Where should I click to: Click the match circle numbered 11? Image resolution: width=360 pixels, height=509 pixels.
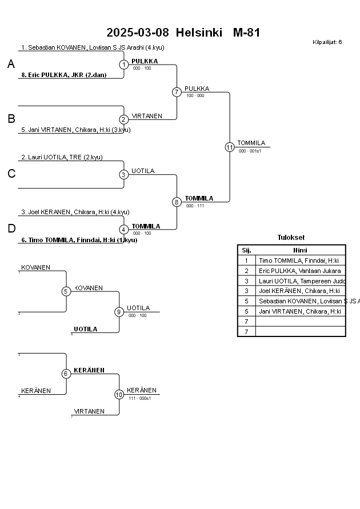pyautogui.click(x=230, y=147)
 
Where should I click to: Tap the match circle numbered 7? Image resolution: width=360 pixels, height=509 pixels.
pyautogui.click(x=177, y=92)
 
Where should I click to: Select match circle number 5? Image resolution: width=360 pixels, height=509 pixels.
pyautogui.click(x=66, y=291)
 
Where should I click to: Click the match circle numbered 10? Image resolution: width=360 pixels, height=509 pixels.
pyautogui.click(x=119, y=394)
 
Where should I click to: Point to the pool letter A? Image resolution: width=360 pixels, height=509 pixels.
pyautogui.click(x=11, y=65)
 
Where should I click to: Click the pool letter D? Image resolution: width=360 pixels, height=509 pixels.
pyautogui.click(x=11, y=229)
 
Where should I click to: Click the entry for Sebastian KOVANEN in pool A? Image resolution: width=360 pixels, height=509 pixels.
pyautogui.click(x=91, y=47)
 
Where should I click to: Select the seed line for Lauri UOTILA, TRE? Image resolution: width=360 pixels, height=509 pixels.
pyautogui.click(x=62, y=157)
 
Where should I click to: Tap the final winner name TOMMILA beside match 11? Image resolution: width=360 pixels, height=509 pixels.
pyautogui.click(x=251, y=143)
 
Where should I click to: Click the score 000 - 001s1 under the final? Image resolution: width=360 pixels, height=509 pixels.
pyautogui.click(x=250, y=151)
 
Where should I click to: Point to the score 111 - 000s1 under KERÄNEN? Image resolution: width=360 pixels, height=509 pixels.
pyautogui.click(x=139, y=398)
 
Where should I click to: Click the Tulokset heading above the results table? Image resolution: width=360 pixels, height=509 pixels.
pyautogui.click(x=291, y=238)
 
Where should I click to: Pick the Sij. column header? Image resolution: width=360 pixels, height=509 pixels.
pyautogui.click(x=246, y=250)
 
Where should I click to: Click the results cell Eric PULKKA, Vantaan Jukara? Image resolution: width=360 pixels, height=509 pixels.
pyautogui.click(x=299, y=271)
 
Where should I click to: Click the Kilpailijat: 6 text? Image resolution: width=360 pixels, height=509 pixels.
pyautogui.click(x=327, y=42)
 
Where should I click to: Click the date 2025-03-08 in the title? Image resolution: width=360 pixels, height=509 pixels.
pyautogui.click(x=138, y=33)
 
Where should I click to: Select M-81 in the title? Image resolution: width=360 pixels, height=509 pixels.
pyautogui.click(x=246, y=33)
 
